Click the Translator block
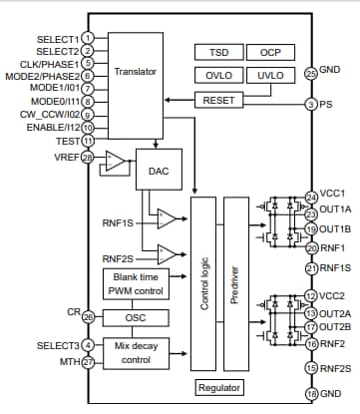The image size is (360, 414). coord(134,71)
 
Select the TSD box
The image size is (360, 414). coord(217,52)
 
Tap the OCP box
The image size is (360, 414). coord(269,52)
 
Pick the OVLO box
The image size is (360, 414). coord(217,75)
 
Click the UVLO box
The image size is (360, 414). coord(269,75)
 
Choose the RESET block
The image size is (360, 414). coord(217,101)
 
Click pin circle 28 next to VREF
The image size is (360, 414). coord(88,157)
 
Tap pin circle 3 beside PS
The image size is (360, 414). coord(312,103)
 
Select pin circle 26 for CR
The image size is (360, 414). coord(88,316)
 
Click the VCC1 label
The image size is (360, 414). coord(332,195)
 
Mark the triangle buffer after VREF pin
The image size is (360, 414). coord(117,160)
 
